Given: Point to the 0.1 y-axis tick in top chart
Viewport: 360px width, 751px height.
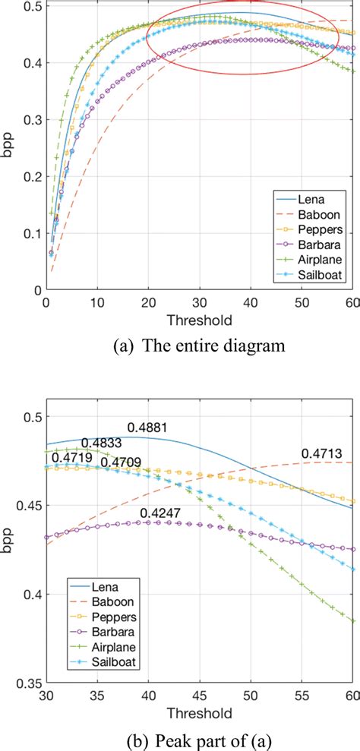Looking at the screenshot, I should [28, 233].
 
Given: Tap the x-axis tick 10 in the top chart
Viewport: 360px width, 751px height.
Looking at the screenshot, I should [96, 302].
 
